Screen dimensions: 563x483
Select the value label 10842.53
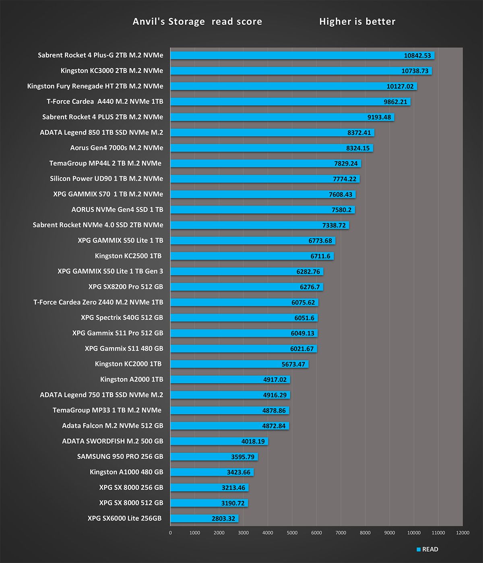click(417, 56)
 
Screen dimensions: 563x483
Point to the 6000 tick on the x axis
click(316, 533)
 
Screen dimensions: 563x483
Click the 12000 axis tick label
click(462, 533)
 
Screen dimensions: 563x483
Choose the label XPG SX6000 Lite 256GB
click(124, 518)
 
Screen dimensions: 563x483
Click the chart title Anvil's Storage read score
click(197, 22)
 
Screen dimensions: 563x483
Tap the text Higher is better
click(357, 22)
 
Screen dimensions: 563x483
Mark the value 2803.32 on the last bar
click(223, 519)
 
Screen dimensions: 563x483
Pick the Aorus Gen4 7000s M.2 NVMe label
click(117, 148)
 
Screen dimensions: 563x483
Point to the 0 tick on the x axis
click(170, 533)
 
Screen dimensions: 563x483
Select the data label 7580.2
click(341, 210)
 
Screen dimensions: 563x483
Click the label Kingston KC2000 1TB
click(128, 364)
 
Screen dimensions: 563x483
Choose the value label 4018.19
click(253, 441)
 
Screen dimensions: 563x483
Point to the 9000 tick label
click(389, 533)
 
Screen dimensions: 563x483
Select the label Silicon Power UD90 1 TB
click(106, 179)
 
